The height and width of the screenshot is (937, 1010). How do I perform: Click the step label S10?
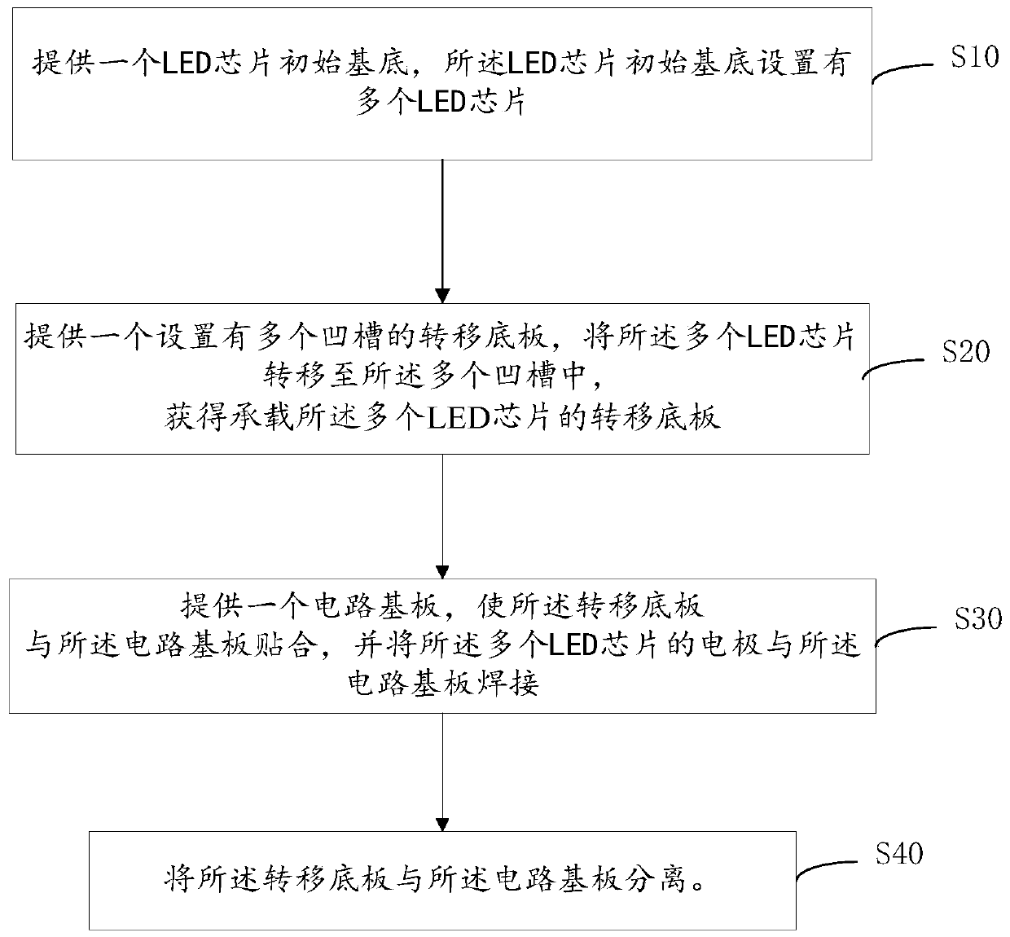974,56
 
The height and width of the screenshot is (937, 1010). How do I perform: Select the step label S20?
966,352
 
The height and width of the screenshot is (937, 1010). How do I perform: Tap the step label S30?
978,618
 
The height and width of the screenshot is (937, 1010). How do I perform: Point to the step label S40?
899,854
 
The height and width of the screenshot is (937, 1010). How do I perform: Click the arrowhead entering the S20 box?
442,296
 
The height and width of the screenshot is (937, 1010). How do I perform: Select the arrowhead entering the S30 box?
442,571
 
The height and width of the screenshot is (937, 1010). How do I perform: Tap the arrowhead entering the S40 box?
442,824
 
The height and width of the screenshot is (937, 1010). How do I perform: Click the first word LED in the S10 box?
187,63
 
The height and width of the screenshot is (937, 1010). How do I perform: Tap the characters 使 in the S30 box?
491,606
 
